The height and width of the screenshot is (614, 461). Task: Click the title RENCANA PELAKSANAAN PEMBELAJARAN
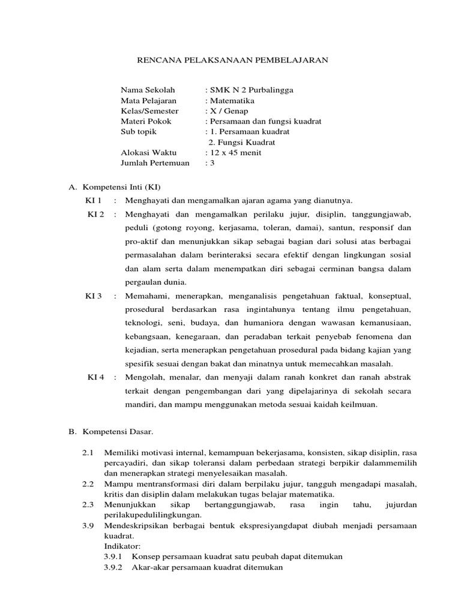pos(230,61)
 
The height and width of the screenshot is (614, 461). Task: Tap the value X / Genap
pos(227,111)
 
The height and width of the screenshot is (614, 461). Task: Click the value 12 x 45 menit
pos(235,153)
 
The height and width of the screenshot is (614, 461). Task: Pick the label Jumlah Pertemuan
pos(155,163)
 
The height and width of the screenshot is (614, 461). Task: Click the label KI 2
pos(96,214)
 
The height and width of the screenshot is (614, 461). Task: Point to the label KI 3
pos(94,296)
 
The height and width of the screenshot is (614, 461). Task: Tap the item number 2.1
pos(88,453)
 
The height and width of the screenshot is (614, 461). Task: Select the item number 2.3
pos(88,505)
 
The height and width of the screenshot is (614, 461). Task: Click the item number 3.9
pos(88,526)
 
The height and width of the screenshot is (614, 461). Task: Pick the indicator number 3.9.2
pos(113,567)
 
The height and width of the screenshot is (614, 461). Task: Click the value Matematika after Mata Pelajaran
pos(231,101)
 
